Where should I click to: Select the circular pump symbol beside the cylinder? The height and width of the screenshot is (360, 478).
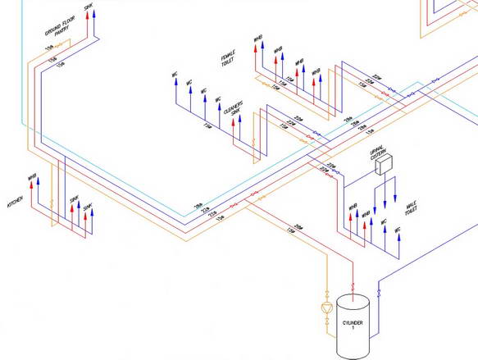point(325,308)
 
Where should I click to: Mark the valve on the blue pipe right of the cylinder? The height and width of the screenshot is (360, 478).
point(378,291)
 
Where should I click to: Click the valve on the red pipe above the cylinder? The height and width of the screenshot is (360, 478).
point(353,287)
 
